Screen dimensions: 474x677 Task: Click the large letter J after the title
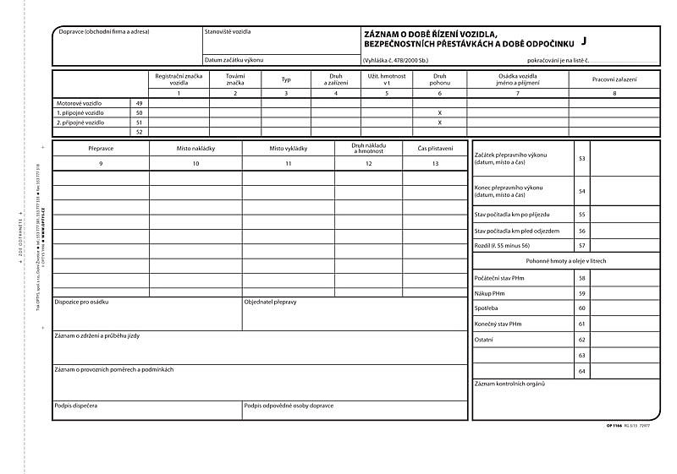(x=583, y=41)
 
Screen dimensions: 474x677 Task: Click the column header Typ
(x=286, y=79)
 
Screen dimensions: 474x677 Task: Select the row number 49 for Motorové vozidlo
(x=139, y=102)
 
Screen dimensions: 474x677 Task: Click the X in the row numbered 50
(x=440, y=112)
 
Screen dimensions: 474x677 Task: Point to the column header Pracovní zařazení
(x=614, y=79)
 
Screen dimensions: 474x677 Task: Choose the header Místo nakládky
(x=195, y=148)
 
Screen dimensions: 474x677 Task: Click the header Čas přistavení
(x=435, y=148)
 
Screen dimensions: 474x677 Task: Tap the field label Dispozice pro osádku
(x=81, y=302)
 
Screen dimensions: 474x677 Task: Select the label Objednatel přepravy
(x=270, y=302)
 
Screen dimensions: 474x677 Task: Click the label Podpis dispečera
(x=75, y=406)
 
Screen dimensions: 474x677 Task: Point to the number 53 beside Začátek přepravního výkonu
(x=581, y=158)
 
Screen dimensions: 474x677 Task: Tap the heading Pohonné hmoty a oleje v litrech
(x=566, y=261)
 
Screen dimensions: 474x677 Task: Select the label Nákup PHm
(x=491, y=293)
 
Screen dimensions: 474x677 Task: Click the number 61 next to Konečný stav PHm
(x=581, y=324)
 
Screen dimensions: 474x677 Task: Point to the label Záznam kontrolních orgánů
(x=510, y=384)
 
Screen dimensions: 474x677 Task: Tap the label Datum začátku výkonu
(x=234, y=60)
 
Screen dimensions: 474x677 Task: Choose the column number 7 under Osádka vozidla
(x=517, y=92)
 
